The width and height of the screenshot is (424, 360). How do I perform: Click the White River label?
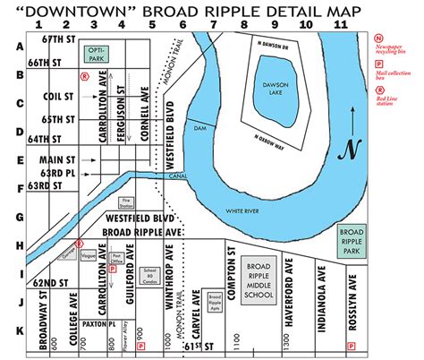(242, 210)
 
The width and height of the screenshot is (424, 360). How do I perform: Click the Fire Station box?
(126, 202)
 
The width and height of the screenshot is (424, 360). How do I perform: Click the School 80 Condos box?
(149, 274)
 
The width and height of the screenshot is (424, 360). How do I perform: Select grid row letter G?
(18, 217)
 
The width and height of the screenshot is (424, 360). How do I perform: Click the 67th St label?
(52, 43)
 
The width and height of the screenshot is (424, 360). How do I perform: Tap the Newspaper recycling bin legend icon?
(379, 39)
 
